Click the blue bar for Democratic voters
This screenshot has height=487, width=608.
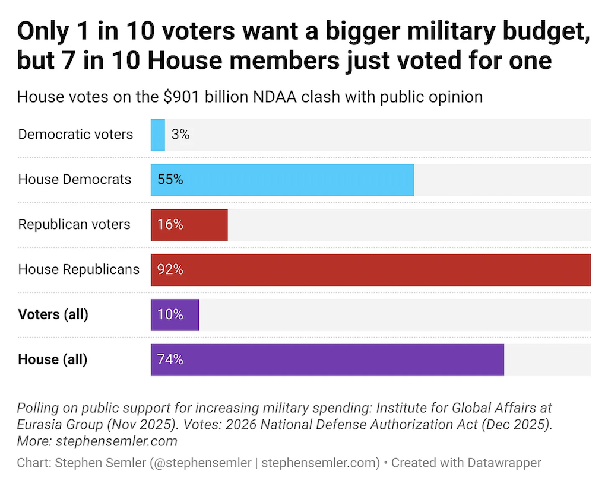[157, 135]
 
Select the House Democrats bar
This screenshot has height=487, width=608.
[282, 180]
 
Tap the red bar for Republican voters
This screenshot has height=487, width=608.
[189, 225]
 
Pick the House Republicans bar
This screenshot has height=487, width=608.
[370, 270]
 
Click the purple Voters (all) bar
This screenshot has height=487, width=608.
[175, 314]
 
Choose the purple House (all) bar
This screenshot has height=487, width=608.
[327, 359]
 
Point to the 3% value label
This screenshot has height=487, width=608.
[180, 135]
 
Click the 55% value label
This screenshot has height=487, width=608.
[170, 180]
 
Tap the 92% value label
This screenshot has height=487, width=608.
[170, 270]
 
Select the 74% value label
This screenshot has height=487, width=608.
[170, 359]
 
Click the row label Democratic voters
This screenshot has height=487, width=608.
[75, 135]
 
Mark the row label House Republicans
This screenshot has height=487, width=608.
[79, 270]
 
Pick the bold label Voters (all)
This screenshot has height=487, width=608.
[53, 314]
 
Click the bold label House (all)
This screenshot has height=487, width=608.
[52, 359]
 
